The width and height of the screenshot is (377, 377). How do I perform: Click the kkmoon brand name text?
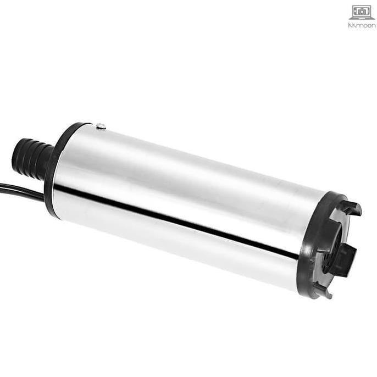pos(362,25)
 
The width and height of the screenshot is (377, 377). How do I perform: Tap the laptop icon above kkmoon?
pos(362,13)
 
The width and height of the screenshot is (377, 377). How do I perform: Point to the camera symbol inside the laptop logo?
pos(362,12)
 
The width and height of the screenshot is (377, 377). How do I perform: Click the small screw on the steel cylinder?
pos(101,127)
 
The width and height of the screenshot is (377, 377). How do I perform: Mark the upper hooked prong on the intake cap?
pos(350,207)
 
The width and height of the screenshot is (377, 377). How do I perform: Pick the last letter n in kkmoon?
pos(373,25)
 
